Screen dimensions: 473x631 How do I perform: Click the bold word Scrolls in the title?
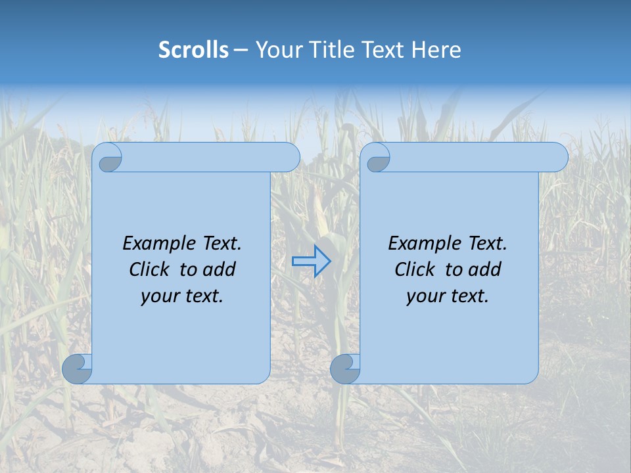click(193, 50)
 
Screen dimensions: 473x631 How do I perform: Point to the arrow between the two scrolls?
click(311, 261)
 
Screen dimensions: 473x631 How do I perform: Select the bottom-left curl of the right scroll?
click(345, 369)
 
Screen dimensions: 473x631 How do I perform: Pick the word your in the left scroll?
click(158, 296)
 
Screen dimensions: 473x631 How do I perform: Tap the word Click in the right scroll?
click(415, 269)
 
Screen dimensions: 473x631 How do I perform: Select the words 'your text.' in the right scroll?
click(447, 296)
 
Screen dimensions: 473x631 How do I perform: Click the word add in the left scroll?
click(220, 269)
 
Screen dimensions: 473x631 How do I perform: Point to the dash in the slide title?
click(241, 50)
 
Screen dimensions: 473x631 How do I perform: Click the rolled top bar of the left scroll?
click(210, 157)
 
